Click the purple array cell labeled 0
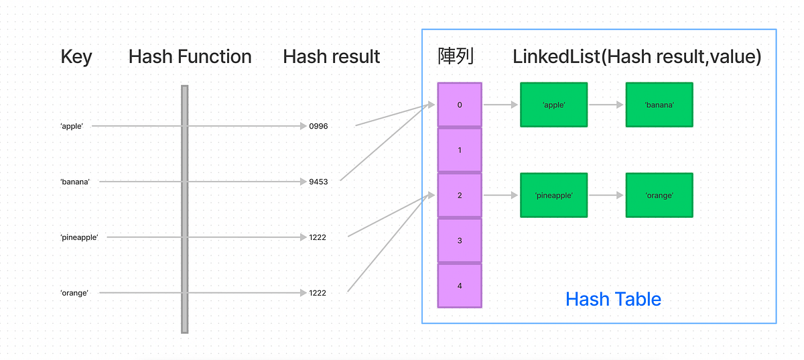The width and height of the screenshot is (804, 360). [460, 105]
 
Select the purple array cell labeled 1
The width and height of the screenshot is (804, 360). [460, 150]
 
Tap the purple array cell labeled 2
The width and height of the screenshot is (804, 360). [460, 195]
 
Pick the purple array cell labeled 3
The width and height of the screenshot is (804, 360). [460, 240]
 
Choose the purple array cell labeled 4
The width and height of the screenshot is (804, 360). [460, 286]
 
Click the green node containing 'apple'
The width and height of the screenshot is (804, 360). [553, 105]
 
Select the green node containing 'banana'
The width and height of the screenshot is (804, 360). [659, 105]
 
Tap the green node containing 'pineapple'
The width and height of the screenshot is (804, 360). [553, 195]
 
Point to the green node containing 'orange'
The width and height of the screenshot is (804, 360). [659, 195]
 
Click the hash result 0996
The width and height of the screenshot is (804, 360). [318, 126]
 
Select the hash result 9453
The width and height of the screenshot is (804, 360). [318, 182]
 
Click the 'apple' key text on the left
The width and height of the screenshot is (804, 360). [72, 126]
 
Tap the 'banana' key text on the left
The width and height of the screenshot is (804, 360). [75, 182]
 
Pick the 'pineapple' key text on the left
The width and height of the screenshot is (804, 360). [79, 237]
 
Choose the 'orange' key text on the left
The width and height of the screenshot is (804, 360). [74, 293]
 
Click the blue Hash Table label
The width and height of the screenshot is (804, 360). [613, 299]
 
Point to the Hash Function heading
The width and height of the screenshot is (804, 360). [190, 57]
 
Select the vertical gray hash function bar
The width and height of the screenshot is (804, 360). [184, 208]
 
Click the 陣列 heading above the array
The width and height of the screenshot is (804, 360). [456, 57]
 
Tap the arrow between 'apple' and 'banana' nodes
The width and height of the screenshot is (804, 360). [606, 105]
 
